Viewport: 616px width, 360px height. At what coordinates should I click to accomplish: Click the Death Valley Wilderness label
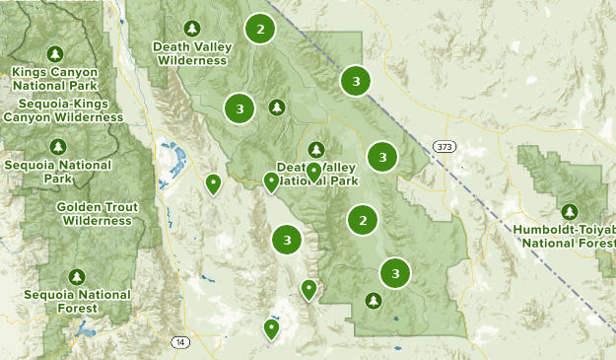(190, 52)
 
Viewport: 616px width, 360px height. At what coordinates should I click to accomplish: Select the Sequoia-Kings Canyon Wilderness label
(62, 110)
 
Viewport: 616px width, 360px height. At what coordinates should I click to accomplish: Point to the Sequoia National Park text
(57, 172)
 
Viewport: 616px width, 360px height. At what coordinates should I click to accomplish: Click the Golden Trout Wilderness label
(97, 214)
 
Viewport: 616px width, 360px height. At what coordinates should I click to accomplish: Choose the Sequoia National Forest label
(75, 301)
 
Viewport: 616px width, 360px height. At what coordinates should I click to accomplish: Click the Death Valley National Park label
(316, 175)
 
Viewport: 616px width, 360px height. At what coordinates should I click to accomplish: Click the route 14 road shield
(179, 342)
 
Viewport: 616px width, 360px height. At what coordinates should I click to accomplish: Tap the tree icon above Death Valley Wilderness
(190, 28)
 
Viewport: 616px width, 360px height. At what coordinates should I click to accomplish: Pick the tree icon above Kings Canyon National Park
(56, 53)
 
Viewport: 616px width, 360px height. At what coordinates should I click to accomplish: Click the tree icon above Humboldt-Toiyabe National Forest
(569, 211)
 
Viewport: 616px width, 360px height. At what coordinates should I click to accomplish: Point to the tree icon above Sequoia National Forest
(77, 276)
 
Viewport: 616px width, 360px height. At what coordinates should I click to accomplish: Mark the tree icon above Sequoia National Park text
(57, 147)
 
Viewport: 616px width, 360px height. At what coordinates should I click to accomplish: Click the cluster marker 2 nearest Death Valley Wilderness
(259, 30)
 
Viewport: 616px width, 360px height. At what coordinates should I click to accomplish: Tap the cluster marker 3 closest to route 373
(382, 156)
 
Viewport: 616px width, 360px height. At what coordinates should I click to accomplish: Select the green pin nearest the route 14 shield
(271, 328)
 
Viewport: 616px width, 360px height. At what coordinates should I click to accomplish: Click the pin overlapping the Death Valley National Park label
(313, 172)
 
